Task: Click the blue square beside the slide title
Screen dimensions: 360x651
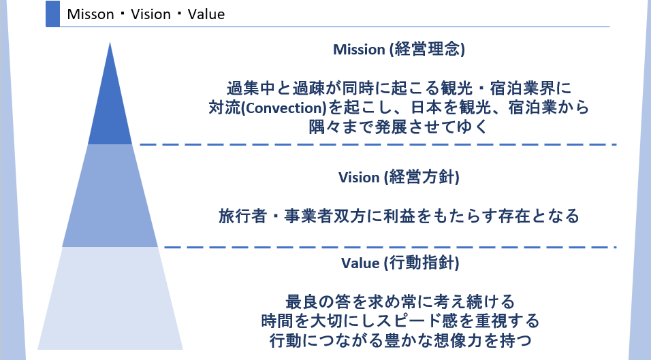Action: pos(52,14)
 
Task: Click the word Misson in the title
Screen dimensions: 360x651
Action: pos(91,14)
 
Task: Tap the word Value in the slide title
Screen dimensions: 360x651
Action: pos(206,14)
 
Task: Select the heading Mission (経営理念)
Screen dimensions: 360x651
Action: pos(398,50)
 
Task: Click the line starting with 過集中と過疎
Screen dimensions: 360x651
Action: pos(398,88)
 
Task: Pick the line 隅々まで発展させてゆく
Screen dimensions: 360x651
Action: pos(398,127)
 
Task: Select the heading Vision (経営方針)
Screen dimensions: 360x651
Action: pos(398,177)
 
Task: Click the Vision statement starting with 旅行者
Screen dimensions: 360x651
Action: pos(398,216)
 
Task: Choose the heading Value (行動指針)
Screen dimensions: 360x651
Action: pos(398,263)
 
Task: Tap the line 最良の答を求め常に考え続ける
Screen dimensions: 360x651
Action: pos(398,300)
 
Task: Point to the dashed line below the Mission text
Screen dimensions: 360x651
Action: pos(378,144)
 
